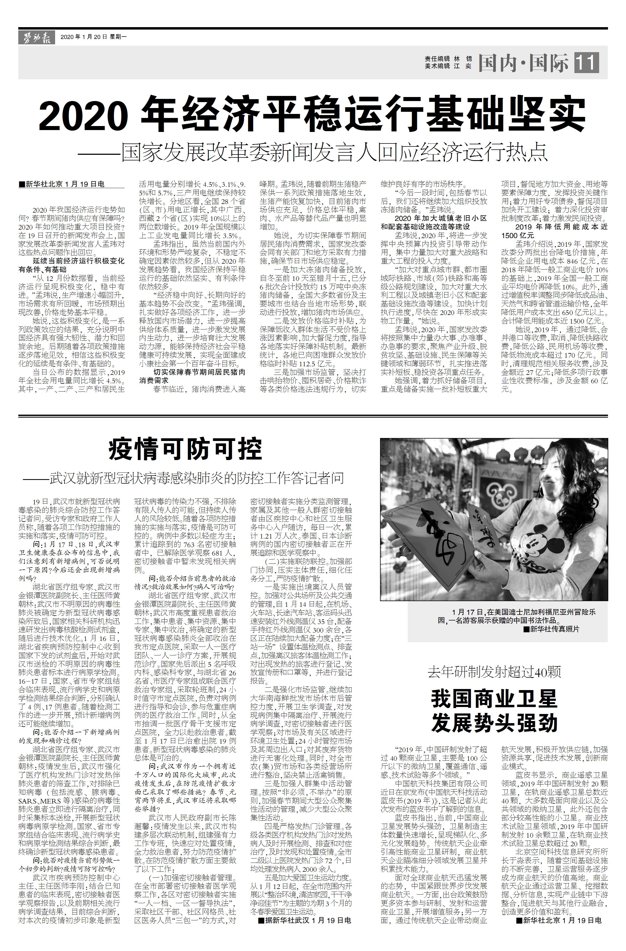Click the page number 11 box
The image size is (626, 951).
[586, 63]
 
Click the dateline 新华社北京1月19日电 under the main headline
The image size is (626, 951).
[62, 184]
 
